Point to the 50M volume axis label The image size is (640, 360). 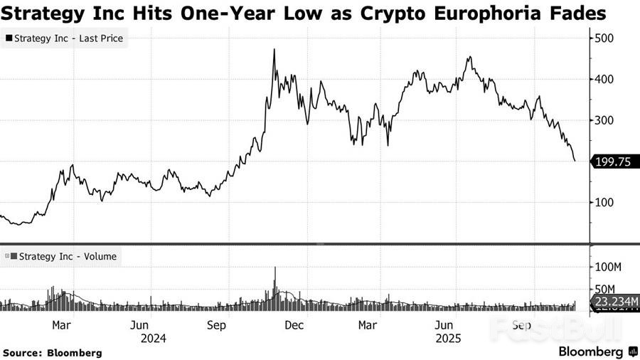(x=606, y=289)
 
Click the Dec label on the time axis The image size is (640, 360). (x=294, y=325)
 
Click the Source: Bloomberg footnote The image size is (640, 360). (x=53, y=352)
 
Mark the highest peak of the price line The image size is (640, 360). (x=274, y=50)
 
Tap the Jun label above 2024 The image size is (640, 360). (x=139, y=325)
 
